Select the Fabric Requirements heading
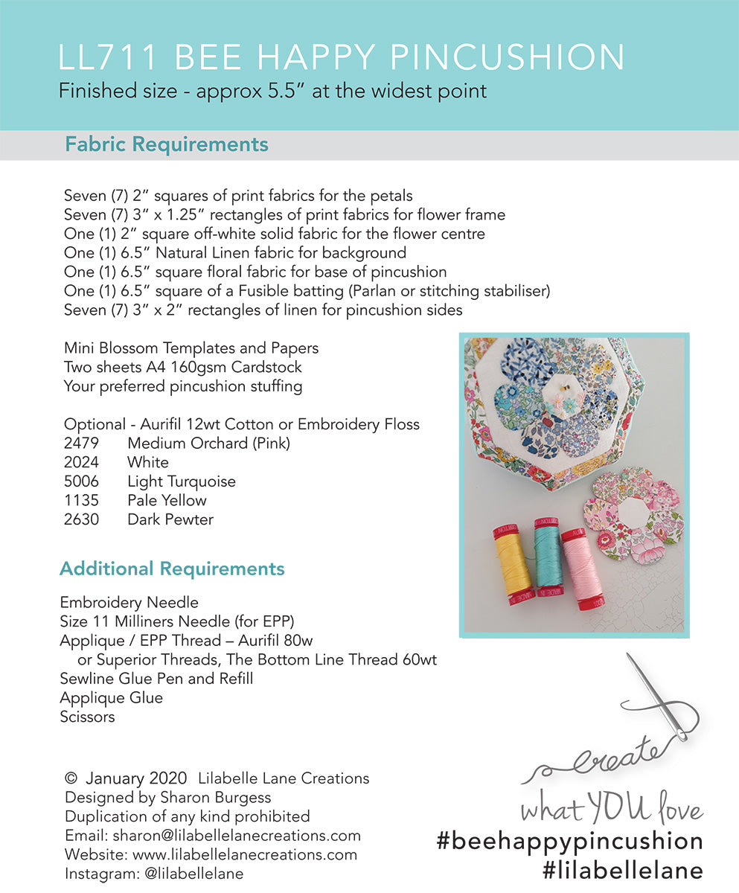[167, 144]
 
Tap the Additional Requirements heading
[172, 569]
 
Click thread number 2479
[81, 444]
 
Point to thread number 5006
[81, 481]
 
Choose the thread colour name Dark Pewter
[170, 519]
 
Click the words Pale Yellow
[167, 500]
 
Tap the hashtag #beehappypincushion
[569, 841]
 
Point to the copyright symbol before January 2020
[71, 778]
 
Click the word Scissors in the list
[88, 717]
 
